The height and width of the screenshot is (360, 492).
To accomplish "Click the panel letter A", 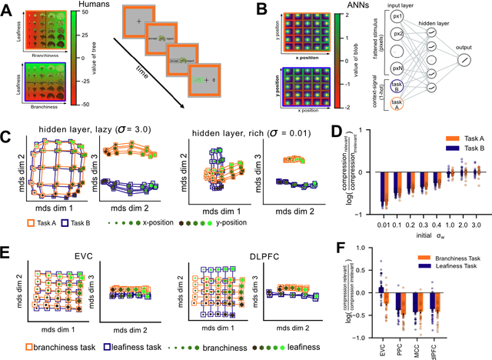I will tap(7, 8).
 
